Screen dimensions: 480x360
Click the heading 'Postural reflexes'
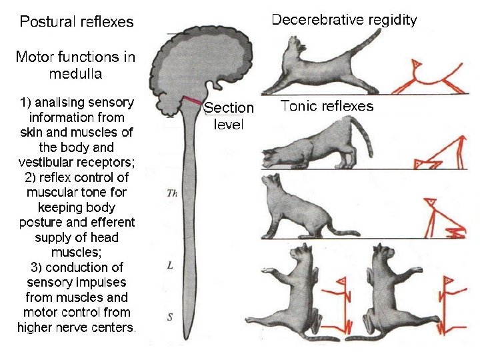(77, 22)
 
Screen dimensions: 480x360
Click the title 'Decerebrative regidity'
(344, 20)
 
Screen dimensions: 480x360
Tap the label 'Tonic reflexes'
(327, 105)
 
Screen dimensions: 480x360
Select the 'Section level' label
(229, 115)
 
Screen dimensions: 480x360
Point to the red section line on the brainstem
(193, 101)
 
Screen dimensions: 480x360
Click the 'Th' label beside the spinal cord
(171, 194)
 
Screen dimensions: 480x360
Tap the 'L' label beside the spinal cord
(171, 265)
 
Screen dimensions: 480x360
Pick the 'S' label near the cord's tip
(170, 317)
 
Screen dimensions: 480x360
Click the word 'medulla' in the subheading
(75, 73)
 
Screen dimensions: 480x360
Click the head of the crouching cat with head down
(273, 159)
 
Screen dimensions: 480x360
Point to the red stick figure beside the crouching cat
(440, 154)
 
